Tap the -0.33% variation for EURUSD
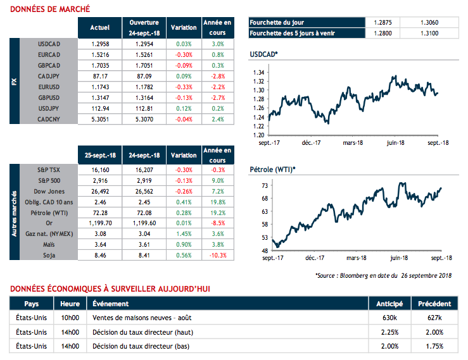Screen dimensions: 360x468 183,86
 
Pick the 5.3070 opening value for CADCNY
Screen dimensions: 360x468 144,118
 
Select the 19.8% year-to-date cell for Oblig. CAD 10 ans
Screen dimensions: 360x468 217,202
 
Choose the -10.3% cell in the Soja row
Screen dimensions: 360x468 217,255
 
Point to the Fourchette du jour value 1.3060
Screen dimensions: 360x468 429,21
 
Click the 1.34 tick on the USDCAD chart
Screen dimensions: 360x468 259,73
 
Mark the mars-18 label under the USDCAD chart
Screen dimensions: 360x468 353,143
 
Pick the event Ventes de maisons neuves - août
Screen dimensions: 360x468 142,317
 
